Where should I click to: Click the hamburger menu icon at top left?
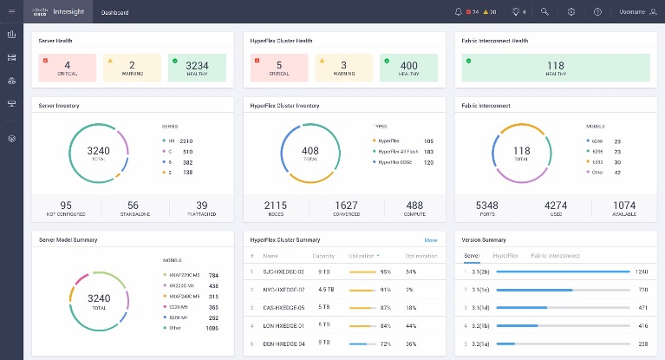(x=11, y=12)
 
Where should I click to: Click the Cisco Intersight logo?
(x=60, y=12)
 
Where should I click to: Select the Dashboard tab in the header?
(x=114, y=13)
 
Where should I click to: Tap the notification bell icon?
(x=459, y=12)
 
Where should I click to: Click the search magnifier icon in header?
(x=544, y=12)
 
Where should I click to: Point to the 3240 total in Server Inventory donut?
(x=99, y=152)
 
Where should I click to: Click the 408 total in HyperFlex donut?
(x=310, y=152)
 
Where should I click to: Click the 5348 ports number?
(x=487, y=206)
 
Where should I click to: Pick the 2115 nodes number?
(x=277, y=206)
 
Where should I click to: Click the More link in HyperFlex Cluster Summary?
(x=430, y=239)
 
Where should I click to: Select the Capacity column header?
(x=323, y=256)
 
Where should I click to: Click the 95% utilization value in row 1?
(x=385, y=272)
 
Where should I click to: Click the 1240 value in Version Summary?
(x=641, y=272)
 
